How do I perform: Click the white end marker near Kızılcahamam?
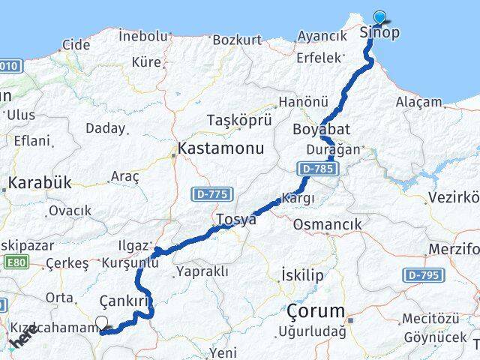[101, 323]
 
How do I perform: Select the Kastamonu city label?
[220, 148]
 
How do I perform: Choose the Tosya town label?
[236, 220]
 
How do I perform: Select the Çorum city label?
[316, 310]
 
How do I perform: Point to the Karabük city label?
[39, 182]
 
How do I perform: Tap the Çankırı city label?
[125, 301]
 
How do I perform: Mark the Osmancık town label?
[327, 224]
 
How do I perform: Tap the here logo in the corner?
[22, 340]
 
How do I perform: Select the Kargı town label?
[297, 199]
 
